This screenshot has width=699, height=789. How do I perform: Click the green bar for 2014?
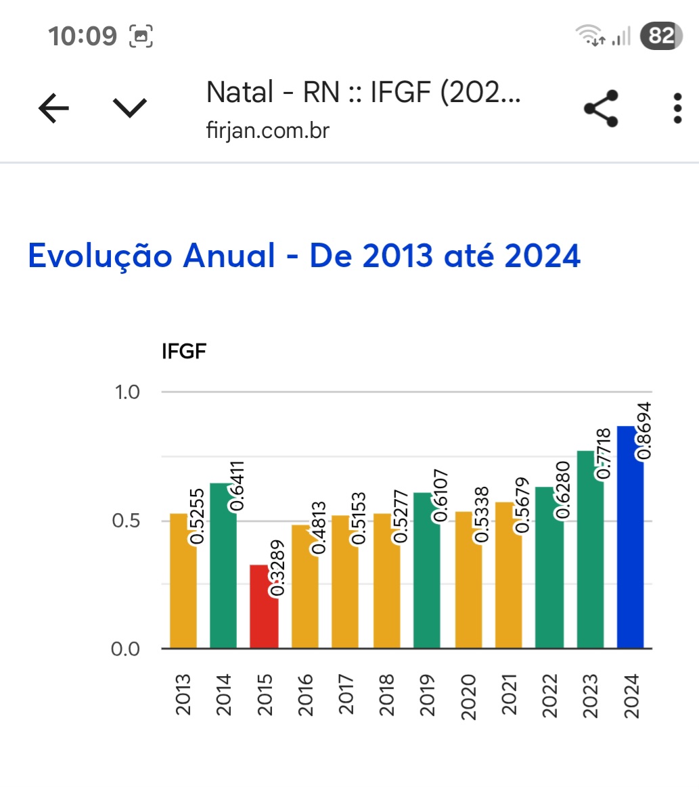coord(223,575)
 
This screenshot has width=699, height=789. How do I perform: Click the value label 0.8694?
coord(645,431)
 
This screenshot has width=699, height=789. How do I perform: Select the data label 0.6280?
coord(562,490)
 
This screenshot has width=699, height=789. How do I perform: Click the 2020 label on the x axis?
coord(468,695)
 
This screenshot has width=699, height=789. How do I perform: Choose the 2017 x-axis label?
coord(345,695)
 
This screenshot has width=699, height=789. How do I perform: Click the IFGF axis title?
coord(183,352)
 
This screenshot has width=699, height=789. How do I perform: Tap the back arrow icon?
coord(53,108)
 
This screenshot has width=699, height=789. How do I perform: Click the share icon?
coord(601,108)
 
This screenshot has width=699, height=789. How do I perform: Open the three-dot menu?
coord(677,108)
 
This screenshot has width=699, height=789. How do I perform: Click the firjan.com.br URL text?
coord(267,130)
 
